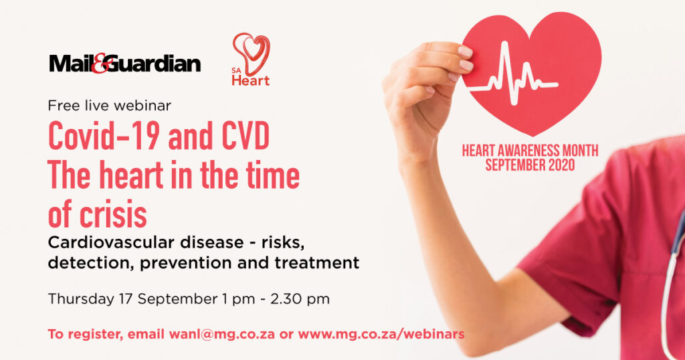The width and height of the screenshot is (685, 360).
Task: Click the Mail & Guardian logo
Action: pos(125,64)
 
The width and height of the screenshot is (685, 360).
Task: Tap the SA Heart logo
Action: pos(251,59)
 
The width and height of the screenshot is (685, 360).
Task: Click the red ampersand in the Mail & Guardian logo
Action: pos(100,64)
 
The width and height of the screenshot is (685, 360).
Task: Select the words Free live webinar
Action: pos(109,106)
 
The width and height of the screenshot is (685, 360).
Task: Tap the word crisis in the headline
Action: pos(113,214)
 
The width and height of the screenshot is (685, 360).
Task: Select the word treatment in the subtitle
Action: pos(316,263)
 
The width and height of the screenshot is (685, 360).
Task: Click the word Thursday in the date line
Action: pos(81,299)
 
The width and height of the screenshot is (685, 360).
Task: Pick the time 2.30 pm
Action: pos(300,299)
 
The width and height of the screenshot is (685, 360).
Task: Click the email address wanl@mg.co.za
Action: pos(222,334)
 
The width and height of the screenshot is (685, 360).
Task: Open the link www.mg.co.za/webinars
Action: pos(381,334)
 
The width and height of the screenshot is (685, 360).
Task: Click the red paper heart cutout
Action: pos(532,72)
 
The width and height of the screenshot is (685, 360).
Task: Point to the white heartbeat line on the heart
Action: pos(513,75)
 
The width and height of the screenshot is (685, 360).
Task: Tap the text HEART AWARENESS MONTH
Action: pos(530,151)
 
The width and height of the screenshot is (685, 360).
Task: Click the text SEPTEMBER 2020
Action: pos(530,165)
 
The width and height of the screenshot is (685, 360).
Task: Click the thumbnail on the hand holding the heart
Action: pos(465,51)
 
